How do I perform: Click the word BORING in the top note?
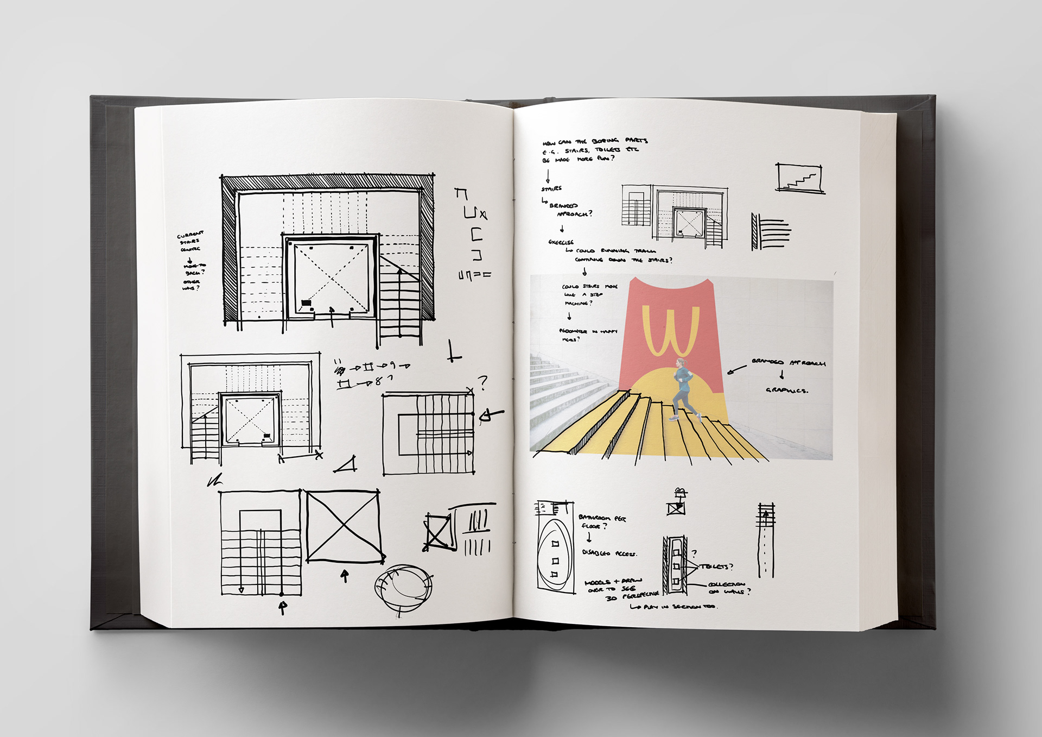pos(605,141)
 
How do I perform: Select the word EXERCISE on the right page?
pos(561,242)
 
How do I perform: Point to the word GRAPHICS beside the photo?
pos(786,390)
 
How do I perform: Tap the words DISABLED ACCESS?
pos(609,553)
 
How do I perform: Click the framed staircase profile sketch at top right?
pos(800,178)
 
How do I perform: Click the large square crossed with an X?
pos(343,526)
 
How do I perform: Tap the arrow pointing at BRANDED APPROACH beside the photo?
pos(736,370)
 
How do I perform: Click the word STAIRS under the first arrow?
pos(551,189)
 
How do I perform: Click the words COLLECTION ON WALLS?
pos(728,588)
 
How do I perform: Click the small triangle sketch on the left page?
pos(346,465)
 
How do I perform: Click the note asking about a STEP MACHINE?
pos(588,294)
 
